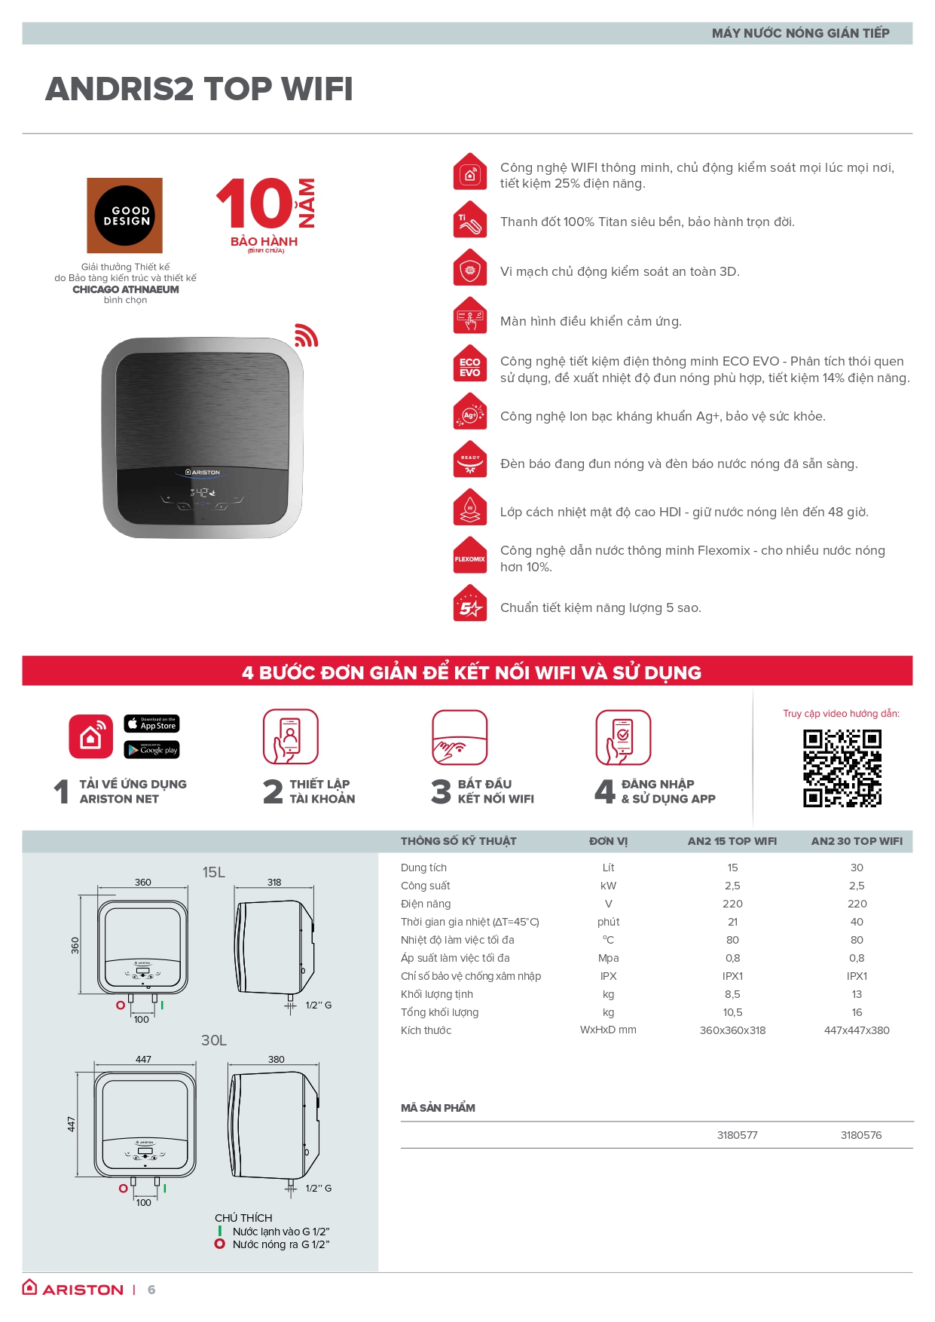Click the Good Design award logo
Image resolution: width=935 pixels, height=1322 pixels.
[125, 216]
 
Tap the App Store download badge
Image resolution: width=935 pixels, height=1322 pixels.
[151, 724]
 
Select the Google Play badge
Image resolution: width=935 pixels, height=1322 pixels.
[151, 750]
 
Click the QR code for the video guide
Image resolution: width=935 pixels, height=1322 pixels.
[842, 768]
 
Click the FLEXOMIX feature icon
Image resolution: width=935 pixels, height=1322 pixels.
[470, 556]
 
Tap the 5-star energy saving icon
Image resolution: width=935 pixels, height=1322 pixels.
[470, 605]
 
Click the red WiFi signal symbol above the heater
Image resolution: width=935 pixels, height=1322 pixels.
[305, 335]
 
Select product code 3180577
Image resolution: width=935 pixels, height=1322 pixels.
[738, 1135]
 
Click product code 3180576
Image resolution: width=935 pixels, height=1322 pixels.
[861, 1135]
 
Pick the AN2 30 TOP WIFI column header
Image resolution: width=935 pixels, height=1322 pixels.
[857, 841]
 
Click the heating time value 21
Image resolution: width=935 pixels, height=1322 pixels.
[732, 922]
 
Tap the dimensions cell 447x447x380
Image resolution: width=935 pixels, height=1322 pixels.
[857, 1030]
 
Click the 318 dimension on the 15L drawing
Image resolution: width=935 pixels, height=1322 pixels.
[274, 882]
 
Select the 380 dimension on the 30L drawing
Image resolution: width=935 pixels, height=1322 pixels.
[277, 1059]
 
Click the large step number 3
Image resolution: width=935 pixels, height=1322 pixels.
[441, 791]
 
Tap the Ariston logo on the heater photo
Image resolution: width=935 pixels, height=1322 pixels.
[203, 473]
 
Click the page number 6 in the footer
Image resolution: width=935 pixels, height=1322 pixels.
[151, 1290]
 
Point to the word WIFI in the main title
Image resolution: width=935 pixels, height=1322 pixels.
[317, 89]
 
